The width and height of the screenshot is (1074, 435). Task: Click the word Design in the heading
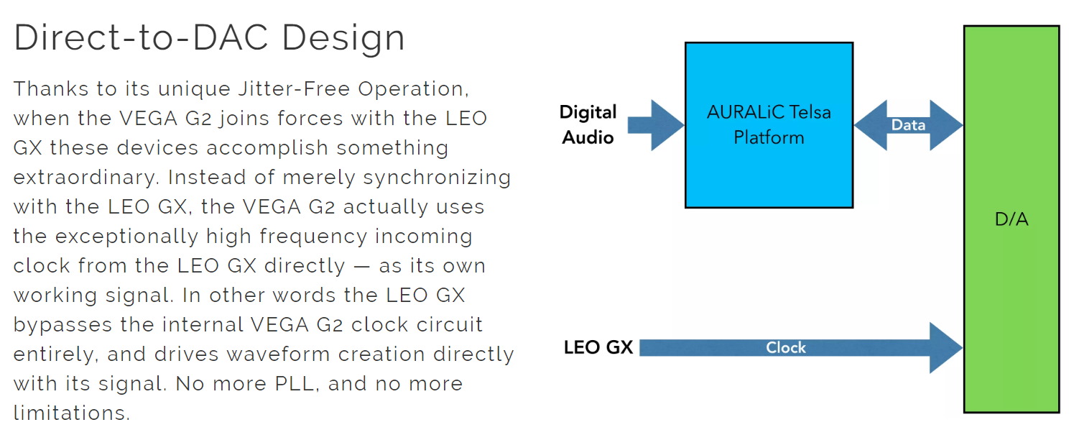coord(343,38)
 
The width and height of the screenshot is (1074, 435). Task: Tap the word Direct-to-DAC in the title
coord(141,37)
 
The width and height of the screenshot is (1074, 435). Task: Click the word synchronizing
coord(437,178)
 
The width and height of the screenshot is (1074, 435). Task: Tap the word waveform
coord(278,354)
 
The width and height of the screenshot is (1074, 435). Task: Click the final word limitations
coord(72,413)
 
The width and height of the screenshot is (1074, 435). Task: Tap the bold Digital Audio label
coord(588,125)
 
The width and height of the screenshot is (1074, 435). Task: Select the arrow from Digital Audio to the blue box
coord(655,125)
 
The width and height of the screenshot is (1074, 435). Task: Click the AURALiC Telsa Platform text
coord(769,125)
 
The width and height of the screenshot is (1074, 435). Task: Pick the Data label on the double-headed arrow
coord(908,125)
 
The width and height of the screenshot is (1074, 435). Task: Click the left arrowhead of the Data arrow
coord(871,125)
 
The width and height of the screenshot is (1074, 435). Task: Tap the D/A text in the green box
coord(1011,219)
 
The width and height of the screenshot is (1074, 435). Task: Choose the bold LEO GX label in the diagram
coord(598,347)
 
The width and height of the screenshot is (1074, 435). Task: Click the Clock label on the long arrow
coord(786,347)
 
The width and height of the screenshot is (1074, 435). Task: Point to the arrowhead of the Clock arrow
coord(946,347)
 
